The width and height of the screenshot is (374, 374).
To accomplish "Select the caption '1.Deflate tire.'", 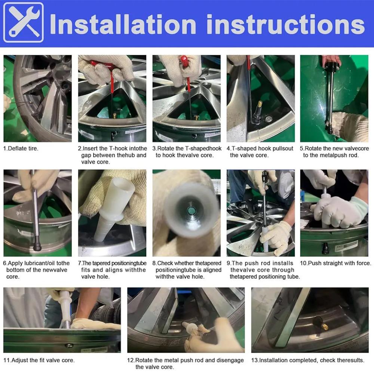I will [x=21, y=148].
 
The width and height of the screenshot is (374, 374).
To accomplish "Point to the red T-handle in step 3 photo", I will [x=184, y=61].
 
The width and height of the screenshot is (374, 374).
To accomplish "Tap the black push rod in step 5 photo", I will [x=330, y=93].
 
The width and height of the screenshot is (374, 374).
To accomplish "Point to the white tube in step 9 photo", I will [x=265, y=239].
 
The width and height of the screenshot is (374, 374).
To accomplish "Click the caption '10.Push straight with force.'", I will [x=335, y=263].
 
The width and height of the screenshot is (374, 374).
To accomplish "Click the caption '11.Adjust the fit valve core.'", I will [x=39, y=361].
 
